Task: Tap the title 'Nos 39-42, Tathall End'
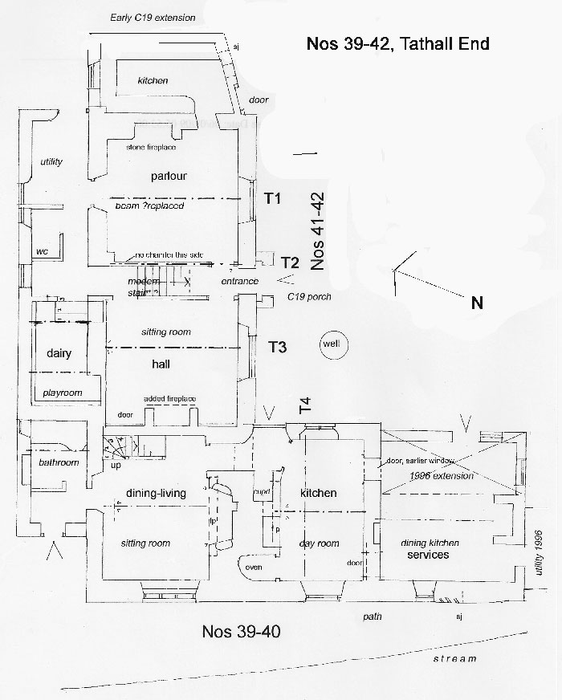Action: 397,43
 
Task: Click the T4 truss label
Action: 305,406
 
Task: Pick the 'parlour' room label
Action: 169,176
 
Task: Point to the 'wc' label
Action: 43,251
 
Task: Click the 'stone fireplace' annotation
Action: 151,148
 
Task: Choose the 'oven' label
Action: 254,567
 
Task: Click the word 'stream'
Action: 454,658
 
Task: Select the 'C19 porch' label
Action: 308,297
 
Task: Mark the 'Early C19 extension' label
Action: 153,18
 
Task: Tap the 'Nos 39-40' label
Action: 241,631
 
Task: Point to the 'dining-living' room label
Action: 157,494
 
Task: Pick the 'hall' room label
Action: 161,364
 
